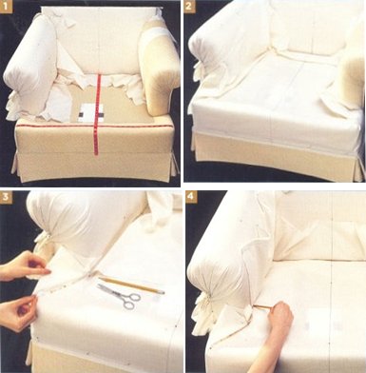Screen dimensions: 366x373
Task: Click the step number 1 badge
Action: tap(7, 7)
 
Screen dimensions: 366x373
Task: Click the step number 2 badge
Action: tap(189, 6)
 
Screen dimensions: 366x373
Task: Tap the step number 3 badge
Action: tap(6, 197)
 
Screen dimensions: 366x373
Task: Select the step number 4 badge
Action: tap(191, 197)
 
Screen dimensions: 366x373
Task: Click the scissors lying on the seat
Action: tap(121, 296)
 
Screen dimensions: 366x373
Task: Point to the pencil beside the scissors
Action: tap(131, 285)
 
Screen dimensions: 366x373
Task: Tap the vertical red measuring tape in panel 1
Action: tap(98, 114)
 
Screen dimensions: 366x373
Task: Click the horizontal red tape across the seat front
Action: tap(94, 126)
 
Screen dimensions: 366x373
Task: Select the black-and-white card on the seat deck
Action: tap(91, 113)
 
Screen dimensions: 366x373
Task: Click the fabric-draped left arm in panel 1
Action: tap(30, 69)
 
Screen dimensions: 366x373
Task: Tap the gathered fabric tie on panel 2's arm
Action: tap(200, 70)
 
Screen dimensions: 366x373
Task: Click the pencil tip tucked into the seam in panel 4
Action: tap(255, 305)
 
